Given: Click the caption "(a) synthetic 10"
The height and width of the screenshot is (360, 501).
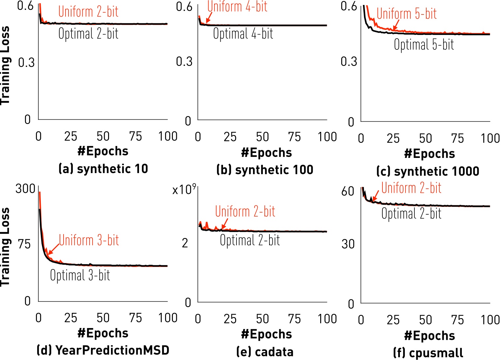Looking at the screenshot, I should [103, 169].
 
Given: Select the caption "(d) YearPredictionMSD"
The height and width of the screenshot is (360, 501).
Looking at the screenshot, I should [103, 350].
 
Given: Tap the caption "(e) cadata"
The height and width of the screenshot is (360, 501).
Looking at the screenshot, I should [265, 352].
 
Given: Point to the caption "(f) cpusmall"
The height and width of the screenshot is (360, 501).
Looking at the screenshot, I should [428, 353].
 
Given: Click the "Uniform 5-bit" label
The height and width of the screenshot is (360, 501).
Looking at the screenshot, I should [406, 14].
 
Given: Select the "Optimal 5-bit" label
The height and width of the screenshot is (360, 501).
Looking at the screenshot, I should [424, 45].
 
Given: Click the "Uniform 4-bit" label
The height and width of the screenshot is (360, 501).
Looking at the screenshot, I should [237, 7].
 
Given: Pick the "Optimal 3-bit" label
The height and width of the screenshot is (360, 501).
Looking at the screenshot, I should [80, 275].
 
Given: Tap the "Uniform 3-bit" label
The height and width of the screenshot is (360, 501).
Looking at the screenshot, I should [89, 240].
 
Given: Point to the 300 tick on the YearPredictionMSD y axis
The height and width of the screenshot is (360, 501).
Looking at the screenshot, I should [25, 189].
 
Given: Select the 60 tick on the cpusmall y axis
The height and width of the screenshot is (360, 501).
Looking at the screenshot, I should [348, 191].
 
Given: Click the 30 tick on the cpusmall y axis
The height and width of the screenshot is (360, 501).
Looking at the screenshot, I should [348, 244].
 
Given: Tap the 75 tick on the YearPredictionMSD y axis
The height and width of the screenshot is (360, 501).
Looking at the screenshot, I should [24, 244].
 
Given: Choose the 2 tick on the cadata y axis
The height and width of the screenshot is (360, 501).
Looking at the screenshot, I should [185, 243].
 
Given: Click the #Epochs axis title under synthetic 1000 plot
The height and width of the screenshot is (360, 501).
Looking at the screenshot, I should [429, 154].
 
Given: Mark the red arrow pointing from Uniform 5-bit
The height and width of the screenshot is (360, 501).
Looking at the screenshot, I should [396, 25].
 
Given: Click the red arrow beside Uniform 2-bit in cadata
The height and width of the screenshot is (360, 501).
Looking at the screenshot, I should [225, 224].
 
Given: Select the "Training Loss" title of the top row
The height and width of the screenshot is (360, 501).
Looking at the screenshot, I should [5, 65].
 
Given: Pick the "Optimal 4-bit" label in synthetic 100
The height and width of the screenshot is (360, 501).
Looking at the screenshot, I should [243, 34].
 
